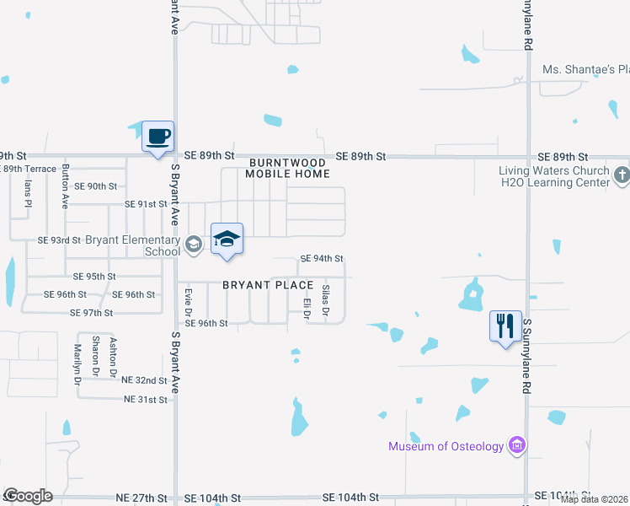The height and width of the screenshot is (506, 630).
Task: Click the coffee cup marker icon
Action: (x=158, y=137)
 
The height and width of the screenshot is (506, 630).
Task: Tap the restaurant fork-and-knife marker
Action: (x=505, y=326)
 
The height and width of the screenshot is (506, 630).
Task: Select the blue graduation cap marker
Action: (x=227, y=240)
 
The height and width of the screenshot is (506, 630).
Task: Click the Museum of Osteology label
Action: (x=446, y=446)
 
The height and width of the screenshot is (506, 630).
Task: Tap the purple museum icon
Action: (x=517, y=445)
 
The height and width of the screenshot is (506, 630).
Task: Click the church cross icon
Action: (x=622, y=175)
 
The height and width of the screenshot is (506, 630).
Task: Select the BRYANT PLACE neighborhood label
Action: (x=268, y=285)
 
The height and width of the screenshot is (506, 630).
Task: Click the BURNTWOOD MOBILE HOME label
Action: (x=287, y=167)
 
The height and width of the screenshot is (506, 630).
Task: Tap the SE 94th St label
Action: (x=322, y=259)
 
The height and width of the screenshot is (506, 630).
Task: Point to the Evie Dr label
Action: (x=189, y=302)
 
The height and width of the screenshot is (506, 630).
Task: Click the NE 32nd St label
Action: (x=145, y=380)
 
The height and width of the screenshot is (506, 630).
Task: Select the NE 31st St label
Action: (x=146, y=399)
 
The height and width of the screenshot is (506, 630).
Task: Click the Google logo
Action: (x=28, y=496)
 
